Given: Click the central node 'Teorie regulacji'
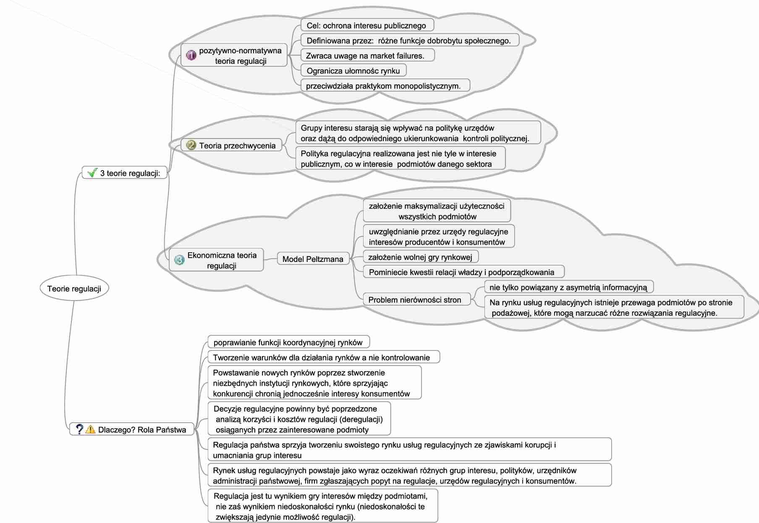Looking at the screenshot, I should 74,288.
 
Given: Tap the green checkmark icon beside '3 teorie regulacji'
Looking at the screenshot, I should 92,173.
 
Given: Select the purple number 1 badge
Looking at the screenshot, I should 191,55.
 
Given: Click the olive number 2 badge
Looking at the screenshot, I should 191,145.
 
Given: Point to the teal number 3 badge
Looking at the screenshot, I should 179,260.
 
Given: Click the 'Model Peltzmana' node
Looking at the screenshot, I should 313,259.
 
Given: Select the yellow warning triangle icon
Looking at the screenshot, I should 90,429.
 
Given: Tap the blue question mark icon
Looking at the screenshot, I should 79,429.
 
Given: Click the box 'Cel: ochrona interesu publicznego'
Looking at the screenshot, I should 366,26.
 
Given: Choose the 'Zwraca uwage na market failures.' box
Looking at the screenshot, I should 365,56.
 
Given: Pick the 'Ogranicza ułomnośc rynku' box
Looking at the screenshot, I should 353,71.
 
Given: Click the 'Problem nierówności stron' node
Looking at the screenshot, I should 415,300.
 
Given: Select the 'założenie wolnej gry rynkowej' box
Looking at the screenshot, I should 420,257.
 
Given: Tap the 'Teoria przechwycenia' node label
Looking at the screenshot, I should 237,146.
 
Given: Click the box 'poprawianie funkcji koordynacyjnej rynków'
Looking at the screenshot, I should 288,343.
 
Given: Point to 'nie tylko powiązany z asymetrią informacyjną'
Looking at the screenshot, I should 568,288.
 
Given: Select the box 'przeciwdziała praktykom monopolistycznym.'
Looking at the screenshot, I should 383,86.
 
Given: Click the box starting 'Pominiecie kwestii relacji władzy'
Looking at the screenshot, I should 461,272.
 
